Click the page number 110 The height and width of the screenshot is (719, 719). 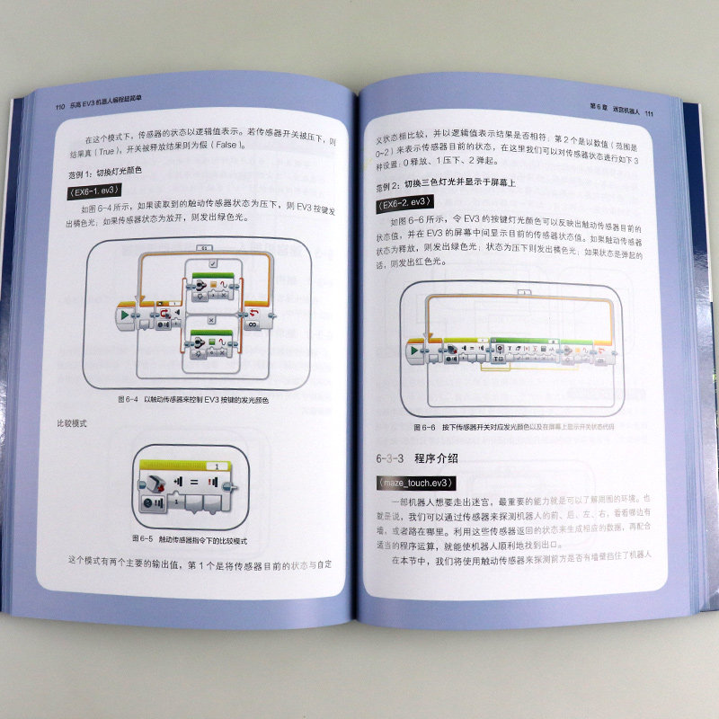(x=61, y=106)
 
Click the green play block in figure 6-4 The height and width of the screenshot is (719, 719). (x=123, y=315)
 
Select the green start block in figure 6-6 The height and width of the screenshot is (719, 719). (x=415, y=350)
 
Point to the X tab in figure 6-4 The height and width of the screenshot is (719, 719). (x=209, y=319)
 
